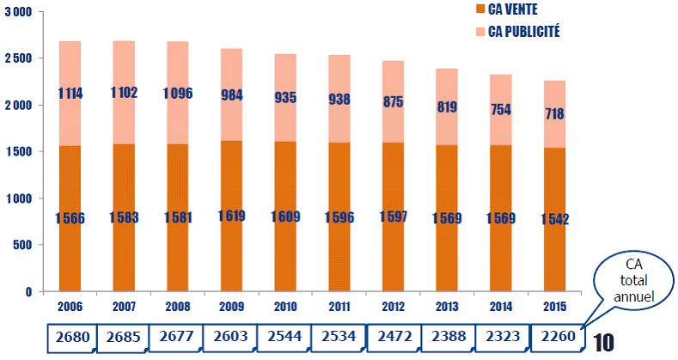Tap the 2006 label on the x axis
(x=70, y=306)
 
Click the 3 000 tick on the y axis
(x=16, y=12)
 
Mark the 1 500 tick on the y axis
(x=16, y=152)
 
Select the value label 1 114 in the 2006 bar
(x=70, y=93)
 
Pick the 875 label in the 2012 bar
(x=394, y=100)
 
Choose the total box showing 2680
(x=70, y=338)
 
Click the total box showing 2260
(x=556, y=338)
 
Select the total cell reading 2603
(x=231, y=338)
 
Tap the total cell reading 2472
(x=394, y=338)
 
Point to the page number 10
(x=603, y=343)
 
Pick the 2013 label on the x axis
(x=448, y=306)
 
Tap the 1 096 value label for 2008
(x=177, y=93)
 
